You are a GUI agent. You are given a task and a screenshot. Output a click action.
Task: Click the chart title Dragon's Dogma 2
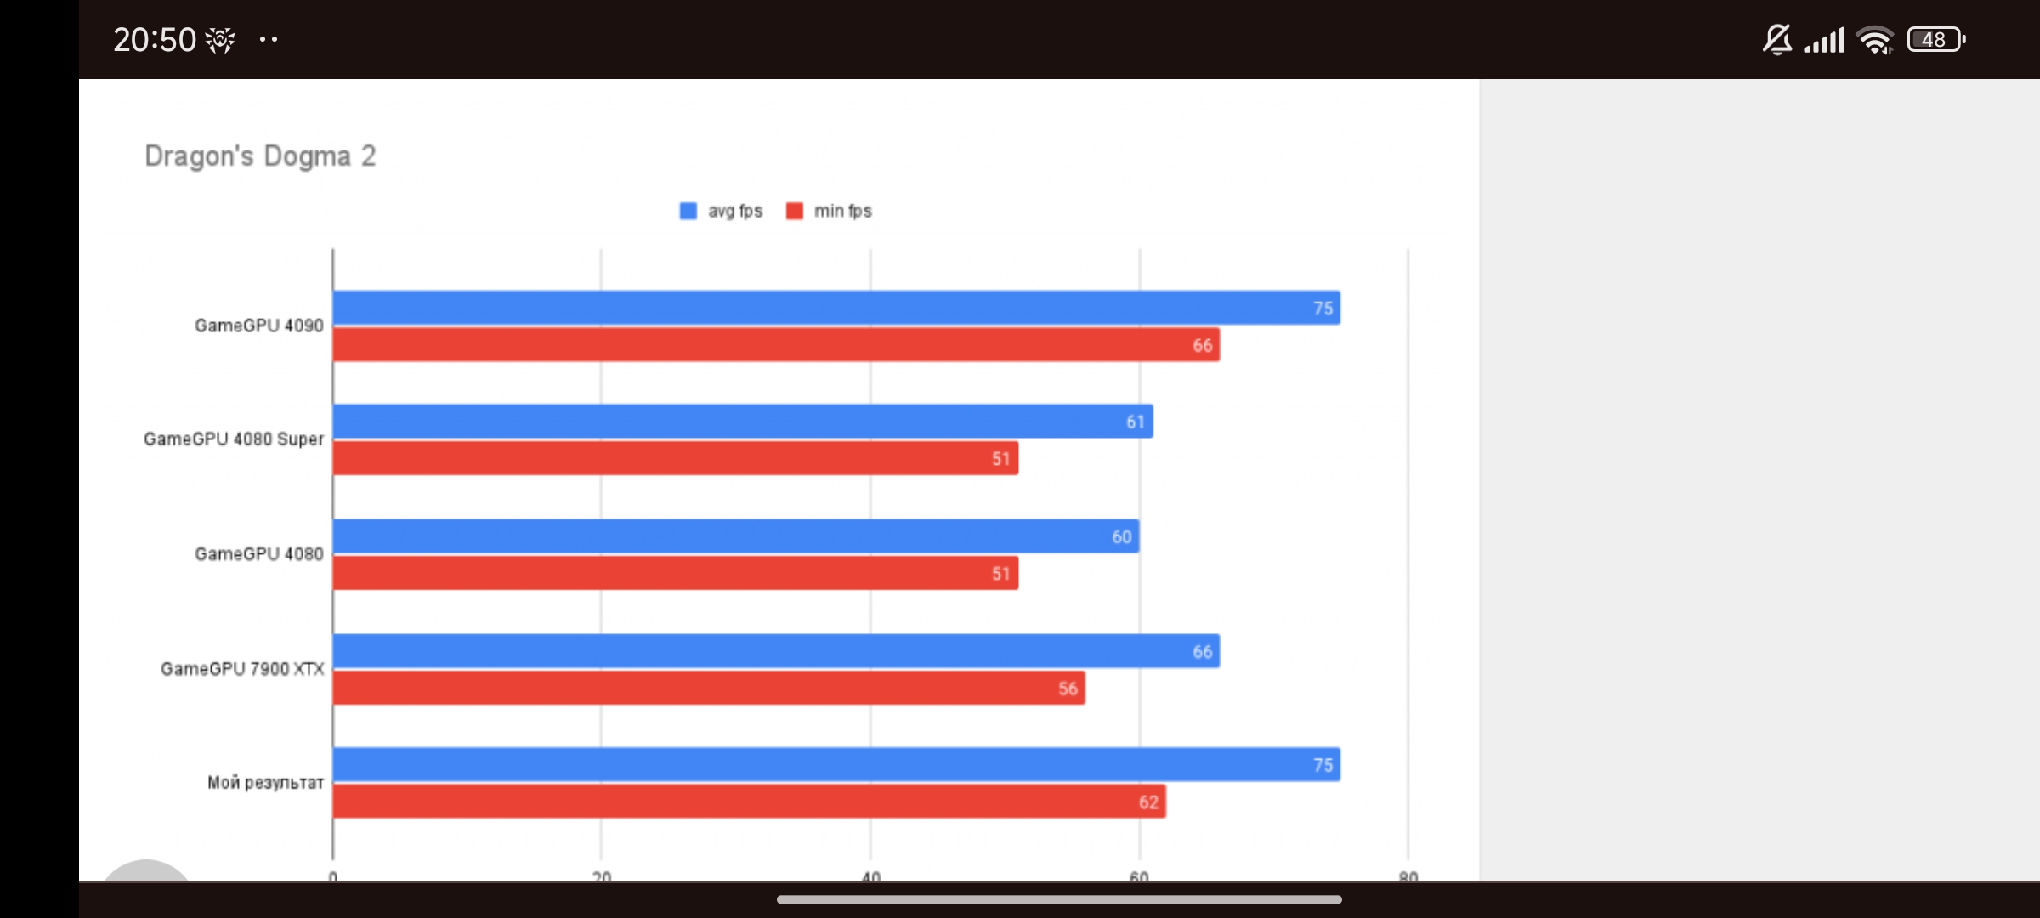260,156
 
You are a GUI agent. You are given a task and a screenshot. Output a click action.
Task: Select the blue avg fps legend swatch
688,211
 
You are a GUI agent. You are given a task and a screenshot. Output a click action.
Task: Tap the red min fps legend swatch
795,211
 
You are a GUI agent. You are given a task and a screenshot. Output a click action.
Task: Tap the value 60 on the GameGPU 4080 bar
1121,537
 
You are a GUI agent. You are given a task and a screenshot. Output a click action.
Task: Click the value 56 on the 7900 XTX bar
1068,688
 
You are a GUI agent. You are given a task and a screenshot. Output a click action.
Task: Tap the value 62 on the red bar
1148,802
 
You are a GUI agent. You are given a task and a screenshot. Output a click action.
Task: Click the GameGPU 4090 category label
258,326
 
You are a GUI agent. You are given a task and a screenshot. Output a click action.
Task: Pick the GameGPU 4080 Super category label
234,439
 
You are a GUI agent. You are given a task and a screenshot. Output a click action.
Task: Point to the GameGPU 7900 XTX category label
242,669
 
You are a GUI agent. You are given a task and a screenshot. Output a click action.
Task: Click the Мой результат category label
265,783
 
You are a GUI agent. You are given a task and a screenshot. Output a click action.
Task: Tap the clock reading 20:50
155,40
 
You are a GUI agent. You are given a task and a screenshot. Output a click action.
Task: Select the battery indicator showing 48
1935,40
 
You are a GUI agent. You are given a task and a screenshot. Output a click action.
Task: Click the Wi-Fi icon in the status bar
1875,40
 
